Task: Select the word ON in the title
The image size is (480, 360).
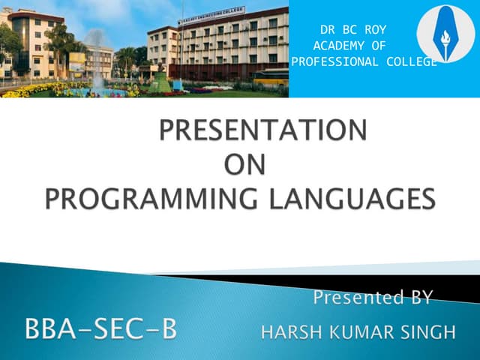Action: pyautogui.click(x=245, y=165)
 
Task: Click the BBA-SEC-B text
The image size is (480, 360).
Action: pyautogui.click(x=101, y=329)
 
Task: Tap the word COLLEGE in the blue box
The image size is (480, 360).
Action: pyautogui.click(x=409, y=61)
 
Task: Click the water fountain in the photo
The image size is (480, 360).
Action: pyautogui.click(x=95, y=64)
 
